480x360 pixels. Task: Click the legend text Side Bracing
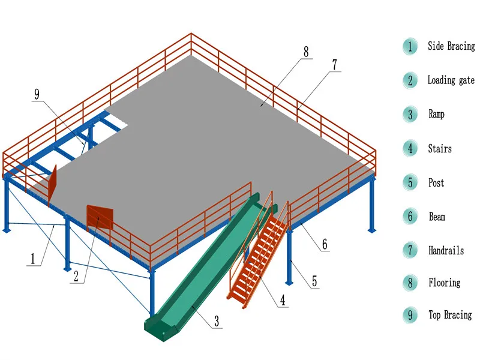pyautogui.click(x=451, y=46)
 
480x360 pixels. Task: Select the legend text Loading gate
pyautogui.click(x=451, y=80)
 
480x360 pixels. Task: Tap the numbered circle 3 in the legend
pyautogui.click(x=410, y=114)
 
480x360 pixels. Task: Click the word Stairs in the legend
pyautogui.click(x=440, y=148)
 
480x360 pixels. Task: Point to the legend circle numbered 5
pyautogui.click(x=410, y=182)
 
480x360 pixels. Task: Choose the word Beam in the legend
pyautogui.click(x=437, y=217)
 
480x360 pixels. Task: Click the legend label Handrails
pyautogui.click(x=446, y=250)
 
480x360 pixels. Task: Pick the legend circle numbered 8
pyautogui.click(x=410, y=283)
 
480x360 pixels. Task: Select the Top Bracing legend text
pyautogui.click(x=449, y=315)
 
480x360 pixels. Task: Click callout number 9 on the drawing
pyautogui.click(x=37, y=94)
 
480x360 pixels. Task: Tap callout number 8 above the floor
pyautogui.click(x=306, y=52)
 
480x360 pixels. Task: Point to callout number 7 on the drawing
pyautogui.click(x=334, y=64)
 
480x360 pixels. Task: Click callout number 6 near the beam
pyautogui.click(x=325, y=244)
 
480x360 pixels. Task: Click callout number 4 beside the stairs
pyautogui.click(x=282, y=301)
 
